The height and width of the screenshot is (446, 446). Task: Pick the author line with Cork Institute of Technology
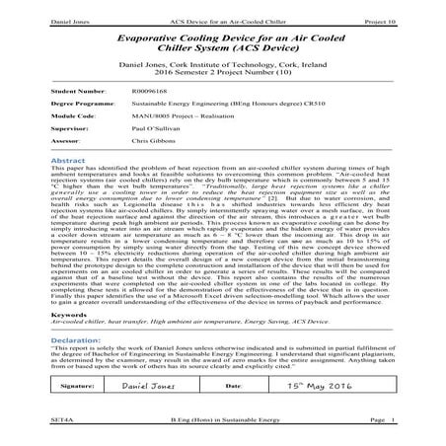pyautogui.click(x=223, y=63)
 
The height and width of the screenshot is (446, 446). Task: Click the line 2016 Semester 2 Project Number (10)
pyautogui.click(x=223, y=72)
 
